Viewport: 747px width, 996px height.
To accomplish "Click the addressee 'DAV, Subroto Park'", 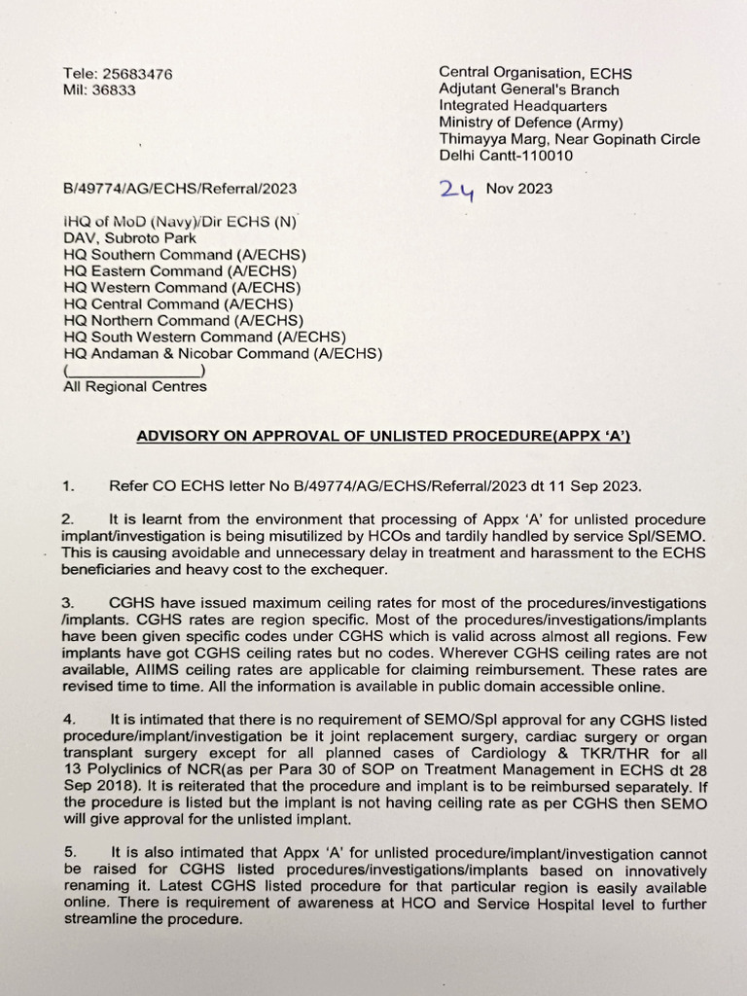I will coord(129,237).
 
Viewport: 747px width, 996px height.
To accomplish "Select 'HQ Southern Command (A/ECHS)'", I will coord(181,255).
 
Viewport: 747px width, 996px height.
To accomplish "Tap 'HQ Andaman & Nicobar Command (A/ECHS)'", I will coord(223,354).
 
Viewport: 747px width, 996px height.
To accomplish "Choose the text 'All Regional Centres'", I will coord(135,387).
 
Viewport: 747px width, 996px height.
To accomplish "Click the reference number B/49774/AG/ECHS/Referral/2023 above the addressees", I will coord(180,189).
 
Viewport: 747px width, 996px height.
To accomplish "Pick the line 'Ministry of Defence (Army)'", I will coord(531,123).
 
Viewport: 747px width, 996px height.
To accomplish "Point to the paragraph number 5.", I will coord(68,853).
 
